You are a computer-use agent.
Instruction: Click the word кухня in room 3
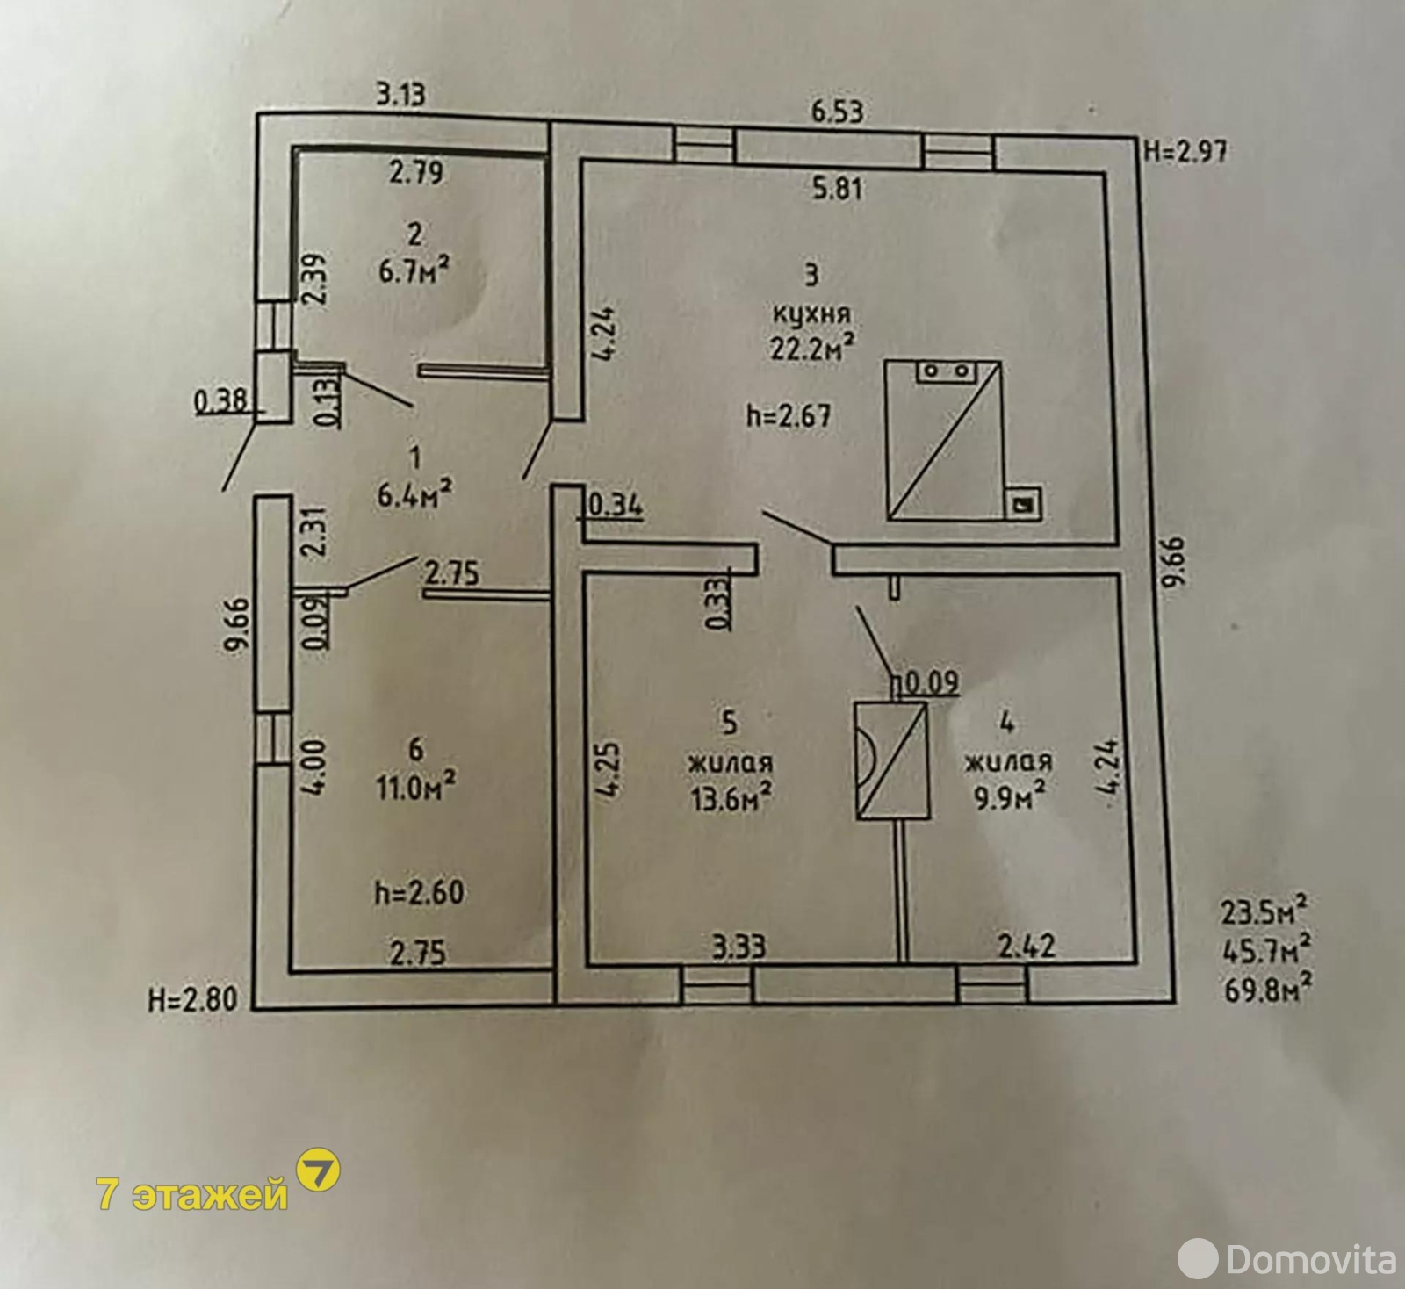811,313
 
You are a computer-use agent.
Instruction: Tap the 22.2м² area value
812,348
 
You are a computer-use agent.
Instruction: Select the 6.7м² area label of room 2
414,270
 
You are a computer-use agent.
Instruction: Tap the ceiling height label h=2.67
789,415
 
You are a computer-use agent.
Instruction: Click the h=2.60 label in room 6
419,892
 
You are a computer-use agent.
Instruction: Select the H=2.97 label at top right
1185,151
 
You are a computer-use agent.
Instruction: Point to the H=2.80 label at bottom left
193,999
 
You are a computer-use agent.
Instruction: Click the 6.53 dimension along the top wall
837,112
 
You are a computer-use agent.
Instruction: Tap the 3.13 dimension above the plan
401,94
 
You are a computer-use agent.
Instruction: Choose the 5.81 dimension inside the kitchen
838,188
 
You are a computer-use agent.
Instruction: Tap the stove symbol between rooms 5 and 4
892,760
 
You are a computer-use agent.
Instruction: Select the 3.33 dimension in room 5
739,947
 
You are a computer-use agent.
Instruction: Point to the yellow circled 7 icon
318,1170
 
